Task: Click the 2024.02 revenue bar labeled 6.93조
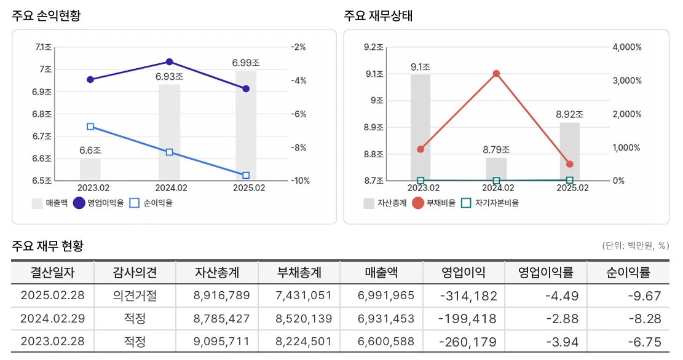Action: tap(169, 132)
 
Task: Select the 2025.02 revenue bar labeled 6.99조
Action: tap(246, 126)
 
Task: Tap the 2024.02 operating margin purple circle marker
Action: tap(169, 62)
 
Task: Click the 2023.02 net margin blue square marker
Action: tap(90, 127)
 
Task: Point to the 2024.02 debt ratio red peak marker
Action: tap(496, 74)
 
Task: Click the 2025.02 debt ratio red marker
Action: tap(569, 164)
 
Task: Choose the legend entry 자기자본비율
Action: tap(490, 203)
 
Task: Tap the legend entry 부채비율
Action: tap(434, 203)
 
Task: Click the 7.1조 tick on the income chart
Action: tap(44, 47)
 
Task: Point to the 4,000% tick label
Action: tap(628, 47)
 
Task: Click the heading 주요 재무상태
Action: tap(378, 16)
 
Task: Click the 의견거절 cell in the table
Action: tap(135, 295)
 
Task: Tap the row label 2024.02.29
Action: tap(52, 319)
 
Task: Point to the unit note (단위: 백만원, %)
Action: tap(635, 246)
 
